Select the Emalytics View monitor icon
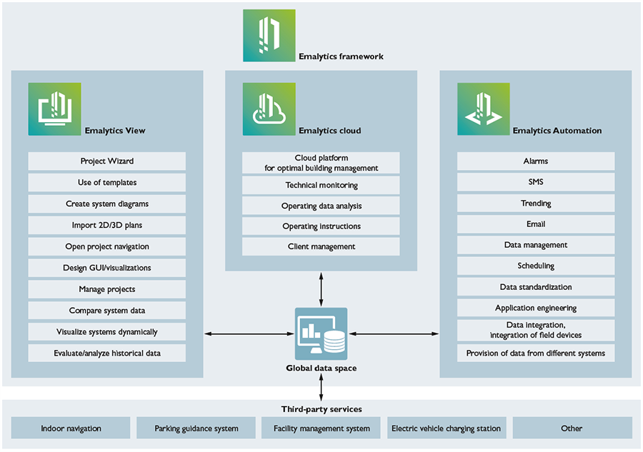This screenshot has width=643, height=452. tap(55, 109)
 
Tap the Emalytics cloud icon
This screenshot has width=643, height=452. tap(269, 109)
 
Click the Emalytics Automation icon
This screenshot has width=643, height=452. tap(484, 109)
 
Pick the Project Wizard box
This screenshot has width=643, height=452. tap(107, 161)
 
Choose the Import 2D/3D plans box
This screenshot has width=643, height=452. tap(107, 226)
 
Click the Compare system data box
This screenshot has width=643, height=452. tap(107, 311)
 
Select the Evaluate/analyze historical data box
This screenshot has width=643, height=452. tap(107, 353)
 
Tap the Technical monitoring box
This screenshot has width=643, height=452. tap(321, 185)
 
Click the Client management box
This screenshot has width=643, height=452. tap(321, 247)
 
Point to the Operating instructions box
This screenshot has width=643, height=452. tap(321, 226)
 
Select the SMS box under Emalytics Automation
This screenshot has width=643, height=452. tap(536, 182)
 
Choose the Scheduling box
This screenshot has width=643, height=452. tap(536, 266)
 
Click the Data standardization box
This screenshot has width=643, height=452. tap(536, 287)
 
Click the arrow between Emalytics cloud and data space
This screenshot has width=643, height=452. tap(321, 290)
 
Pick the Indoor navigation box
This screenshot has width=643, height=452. tap(71, 428)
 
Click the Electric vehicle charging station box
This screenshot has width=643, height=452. tap(447, 428)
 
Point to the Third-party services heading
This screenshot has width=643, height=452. tap(321, 409)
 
